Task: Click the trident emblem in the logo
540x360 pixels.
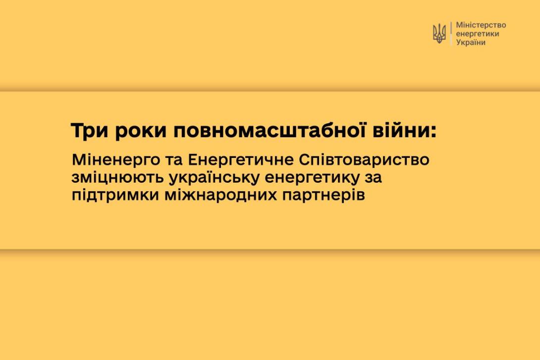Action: point(439,34)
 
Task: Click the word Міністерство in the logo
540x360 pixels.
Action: point(481,25)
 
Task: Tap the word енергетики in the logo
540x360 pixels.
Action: point(477,34)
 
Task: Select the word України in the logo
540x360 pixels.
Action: point(471,42)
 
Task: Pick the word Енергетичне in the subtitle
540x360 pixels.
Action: point(241,160)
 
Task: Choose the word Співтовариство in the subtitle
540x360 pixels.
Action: point(364,160)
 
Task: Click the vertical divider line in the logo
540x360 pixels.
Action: point(451,34)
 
